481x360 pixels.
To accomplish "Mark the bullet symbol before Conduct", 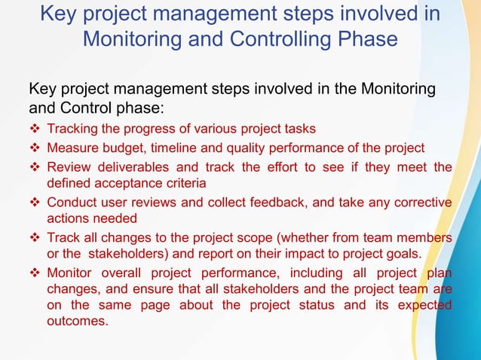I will [35, 203].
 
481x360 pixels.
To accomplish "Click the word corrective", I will [423, 203].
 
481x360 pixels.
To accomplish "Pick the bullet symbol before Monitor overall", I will [35, 272].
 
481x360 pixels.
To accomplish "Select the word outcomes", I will [78, 320].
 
